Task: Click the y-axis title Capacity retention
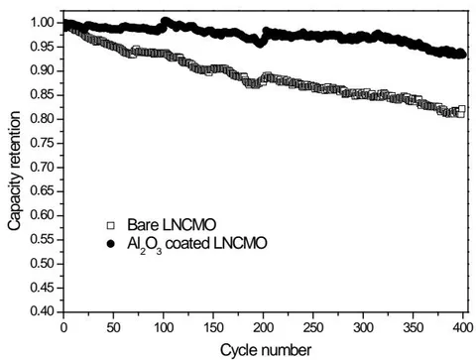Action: [15, 171]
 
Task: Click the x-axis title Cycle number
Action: [266, 350]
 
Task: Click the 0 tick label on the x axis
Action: [63, 328]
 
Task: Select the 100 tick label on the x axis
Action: [164, 328]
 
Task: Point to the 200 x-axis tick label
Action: [264, 328]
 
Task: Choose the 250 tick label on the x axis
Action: [313, 328]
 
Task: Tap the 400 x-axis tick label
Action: [463, 328]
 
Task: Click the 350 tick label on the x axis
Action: [414, 328]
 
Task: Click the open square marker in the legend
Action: [110, 226]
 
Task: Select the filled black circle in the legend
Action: [110, 244]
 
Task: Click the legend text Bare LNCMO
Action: [172, 225]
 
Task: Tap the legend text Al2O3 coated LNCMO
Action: [197, 245]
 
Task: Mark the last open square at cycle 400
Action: [462, 109]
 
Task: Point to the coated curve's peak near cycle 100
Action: [166, 21]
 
